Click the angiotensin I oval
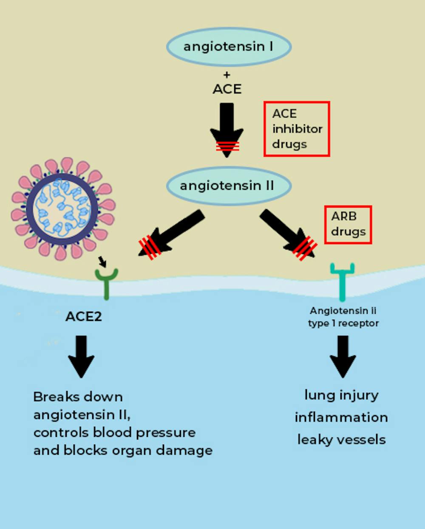pyautogui.click(x=228, y=47)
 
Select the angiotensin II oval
pyautogui.click(x=228, y=186)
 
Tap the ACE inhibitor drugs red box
pyautogui.click(x=297, y=129)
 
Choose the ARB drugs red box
pyautogui.click(x=348, y=225)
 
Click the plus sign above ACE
pyautogui.click(x=227, y=75)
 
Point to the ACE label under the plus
pyautogui.click(x=227, y=89)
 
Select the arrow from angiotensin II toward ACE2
pyautogui.click(x=172, y=233)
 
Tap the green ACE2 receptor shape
pyautogui.click(x=106, y=282)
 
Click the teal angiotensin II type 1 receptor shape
pyautogui.click(x=342, y=280)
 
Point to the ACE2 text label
pyautogui.click(x=84, y=317)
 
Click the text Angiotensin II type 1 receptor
pyautogui.click(x=343, y=317)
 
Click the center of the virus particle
pyautogui.click(x=62, y=208)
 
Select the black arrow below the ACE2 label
pyautogui.click(x=81, y=356)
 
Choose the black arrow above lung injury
pyautogui.click(x=343, y=356)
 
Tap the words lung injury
pyautogui.click(x=341, y=395)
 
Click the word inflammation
pyautogui.click(x=341, y=417)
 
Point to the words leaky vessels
pyautogui.click(x=341, y=439)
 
